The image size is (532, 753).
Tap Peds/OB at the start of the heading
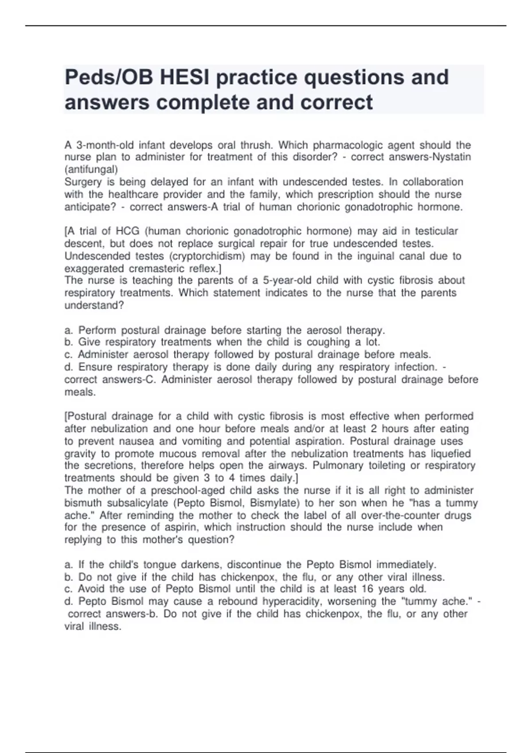click(109, 78)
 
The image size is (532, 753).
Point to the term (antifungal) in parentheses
click(91, 169)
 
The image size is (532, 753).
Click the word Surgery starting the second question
click(83, 182)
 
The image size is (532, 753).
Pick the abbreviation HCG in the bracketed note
click(128, 231)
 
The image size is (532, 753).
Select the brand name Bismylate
click(275, 503)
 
